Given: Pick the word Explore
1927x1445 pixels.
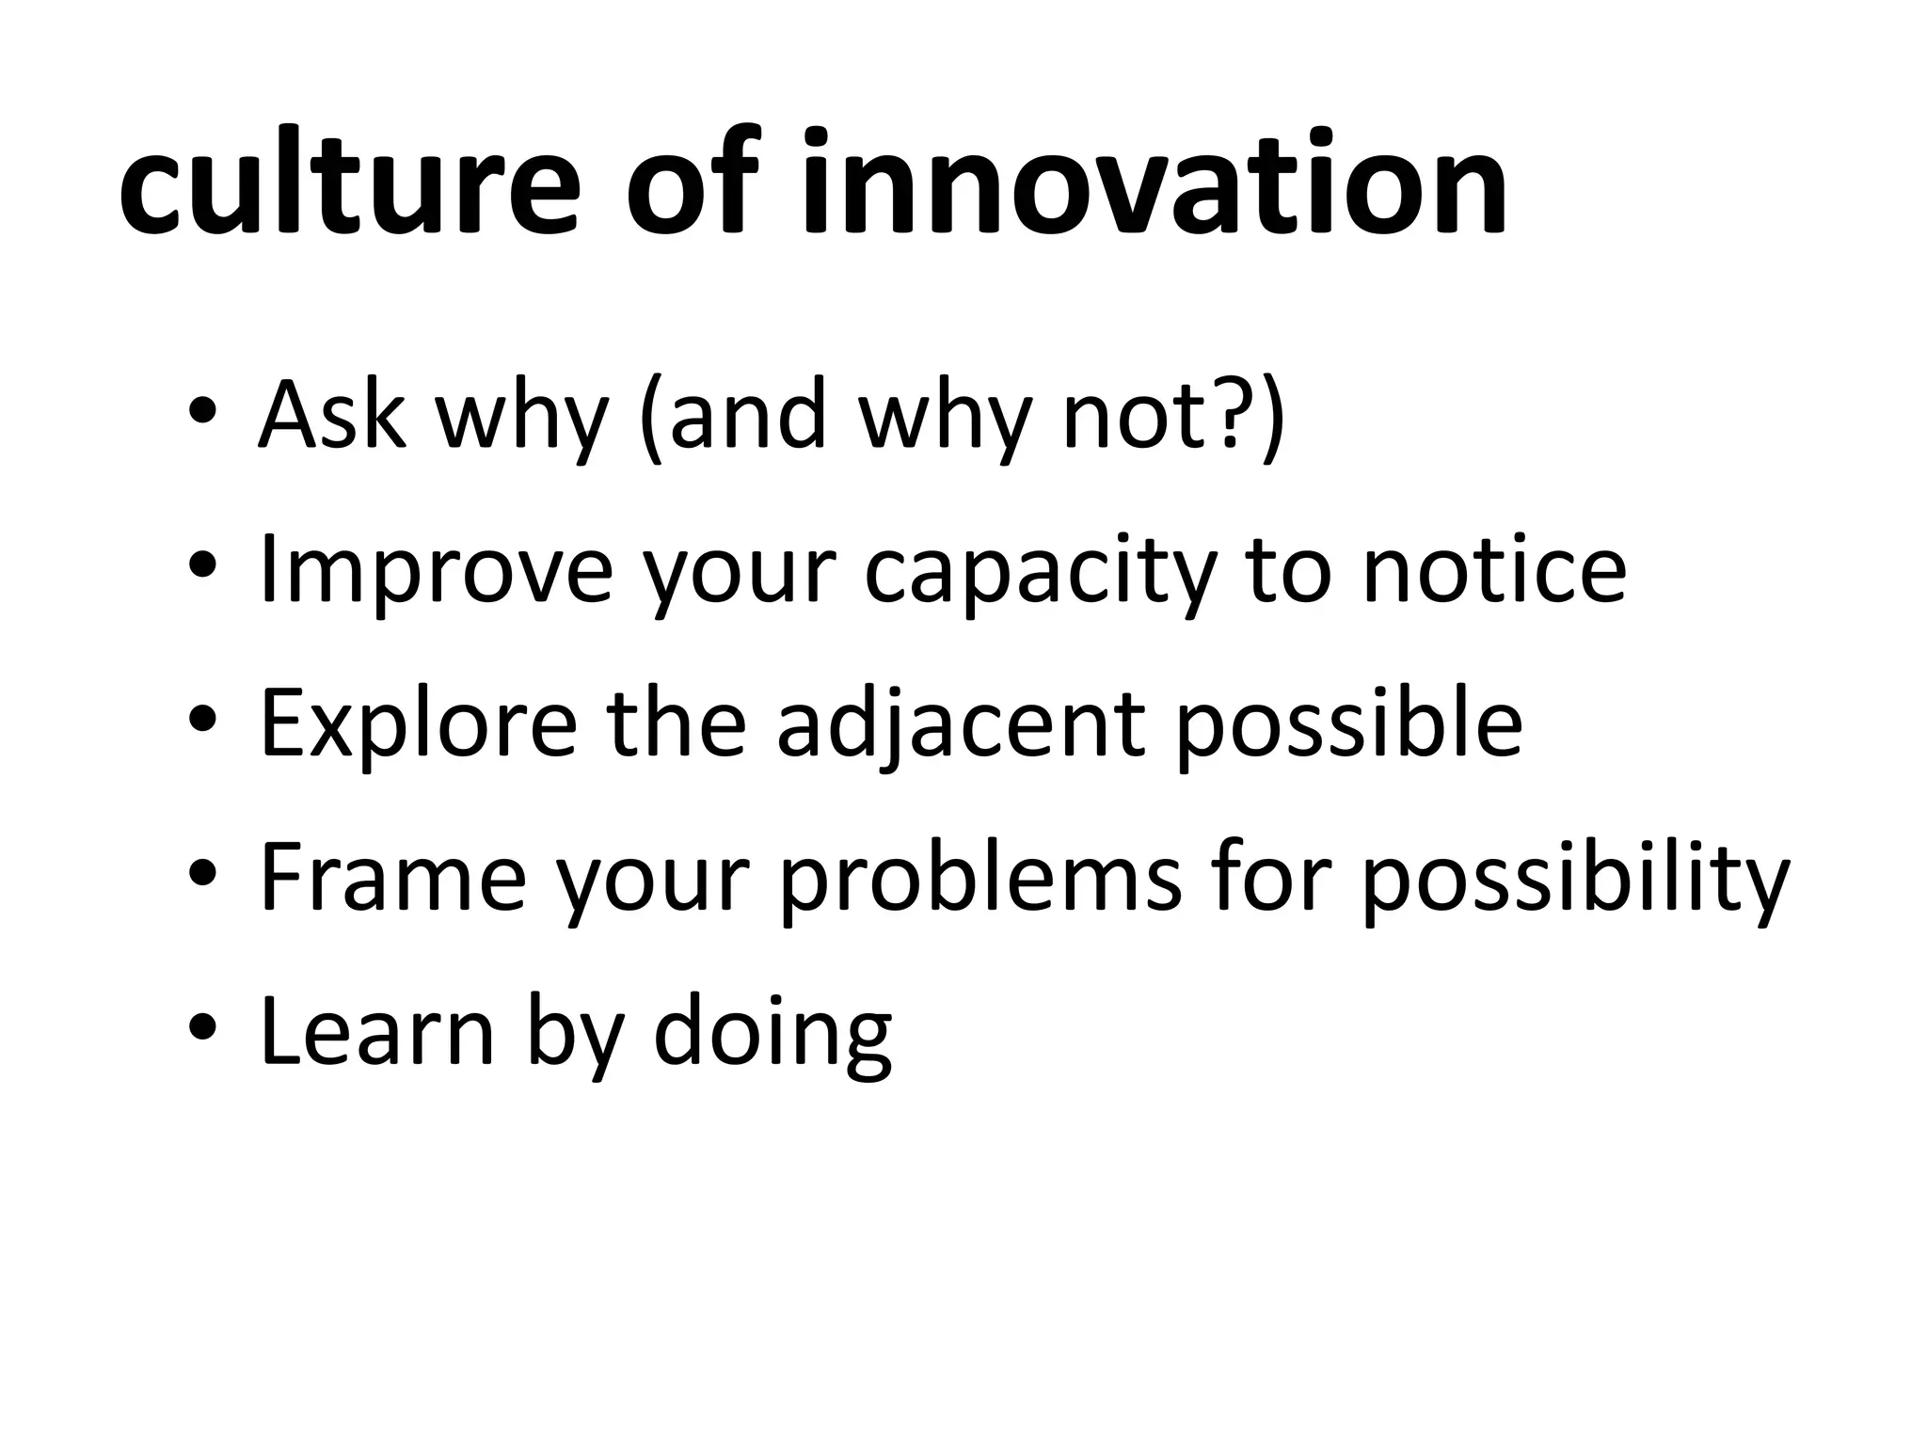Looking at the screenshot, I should [418, 724].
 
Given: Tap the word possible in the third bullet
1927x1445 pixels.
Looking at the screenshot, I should [1348, 724].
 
